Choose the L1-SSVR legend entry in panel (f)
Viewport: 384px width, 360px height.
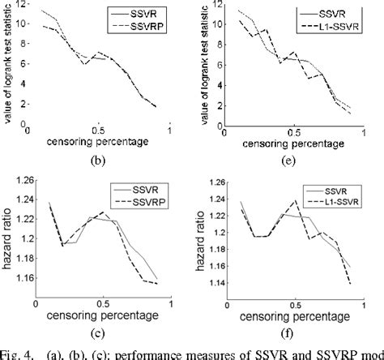(339, 201)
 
